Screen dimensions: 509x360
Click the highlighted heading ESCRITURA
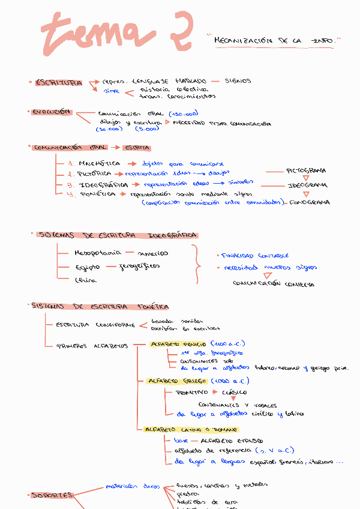pos(58,83)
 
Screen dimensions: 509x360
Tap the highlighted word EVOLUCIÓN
pos(52,112)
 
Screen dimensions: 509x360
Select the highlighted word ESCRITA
pos(137,148)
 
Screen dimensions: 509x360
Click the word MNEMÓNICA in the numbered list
pos(100,163)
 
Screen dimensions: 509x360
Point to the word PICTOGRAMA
pos(306,171)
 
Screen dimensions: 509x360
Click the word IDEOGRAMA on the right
pos(307,185)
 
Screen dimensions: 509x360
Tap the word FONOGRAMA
pos(309,203)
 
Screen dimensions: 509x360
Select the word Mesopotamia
pos(97,253)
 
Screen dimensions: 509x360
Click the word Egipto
pos(88,267)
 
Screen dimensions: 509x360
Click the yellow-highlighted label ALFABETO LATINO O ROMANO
pos(191,430)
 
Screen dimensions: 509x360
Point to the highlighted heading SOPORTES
pos(53,495)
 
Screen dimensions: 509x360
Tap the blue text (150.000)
pos(184,113)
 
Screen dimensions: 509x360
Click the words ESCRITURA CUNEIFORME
pos(95,325)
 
